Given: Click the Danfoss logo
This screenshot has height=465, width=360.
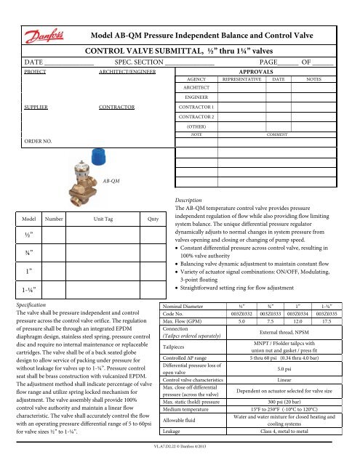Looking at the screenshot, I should point(43,18).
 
